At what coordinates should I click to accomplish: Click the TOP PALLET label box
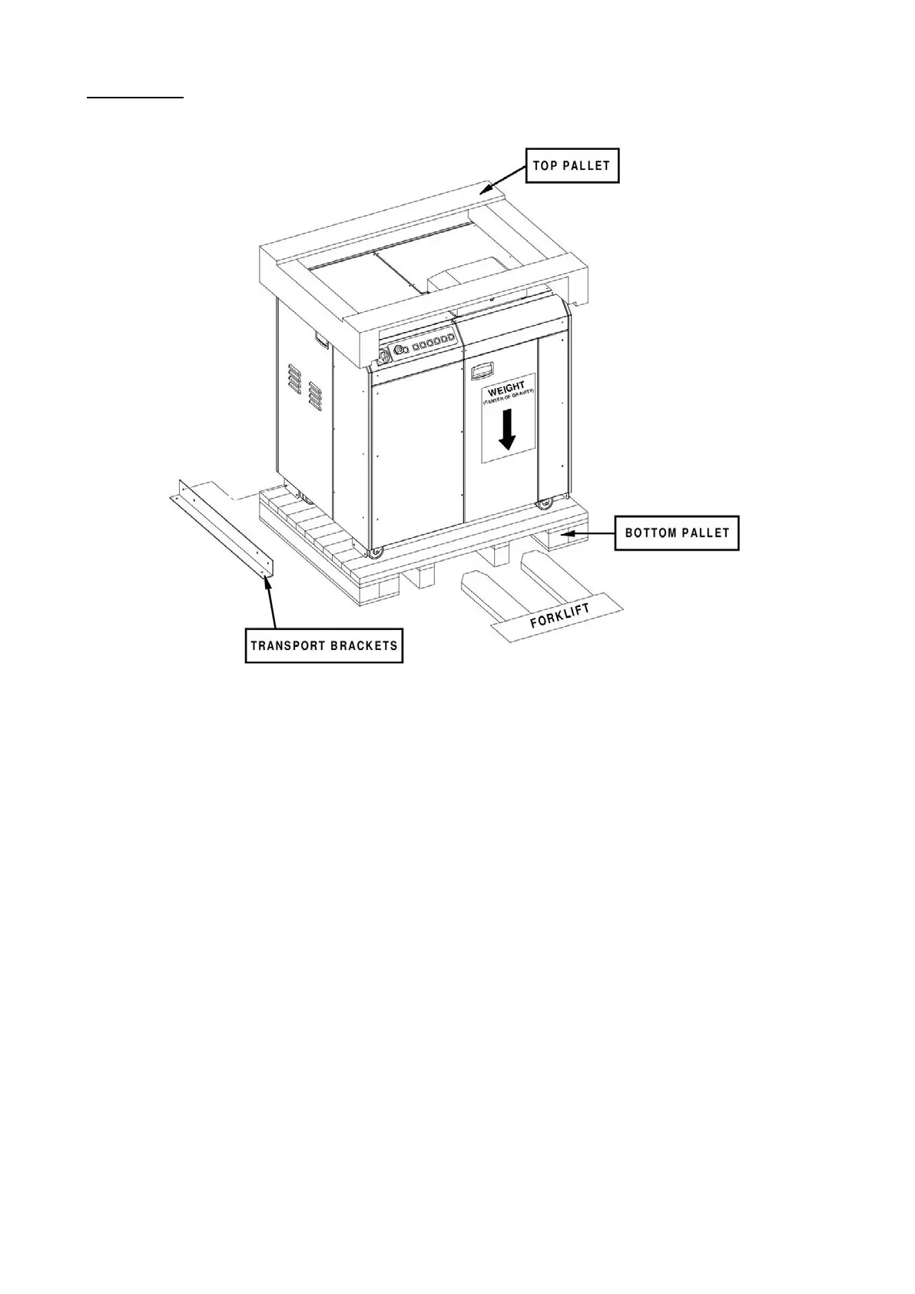click(x=572, y=165)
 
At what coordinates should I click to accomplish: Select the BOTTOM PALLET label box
click(x=677, y=533)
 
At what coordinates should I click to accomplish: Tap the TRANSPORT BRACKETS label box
click(x=324, y=645)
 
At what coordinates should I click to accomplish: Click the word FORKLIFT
click(x=559, y=615)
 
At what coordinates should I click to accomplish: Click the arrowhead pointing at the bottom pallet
click(x=563, y=532)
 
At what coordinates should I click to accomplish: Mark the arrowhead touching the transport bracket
click(x=267, y=581)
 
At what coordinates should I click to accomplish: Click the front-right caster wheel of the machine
click(x=545, y=505)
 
